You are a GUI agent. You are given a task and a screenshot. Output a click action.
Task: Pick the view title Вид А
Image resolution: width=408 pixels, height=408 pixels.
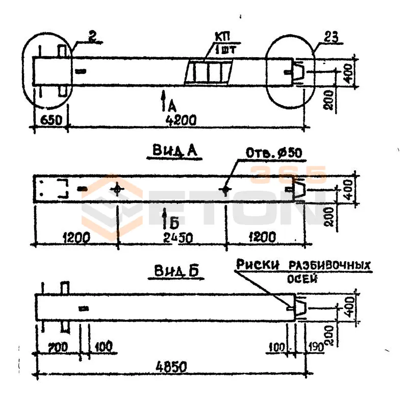pyautogui.click(x=174, y=150)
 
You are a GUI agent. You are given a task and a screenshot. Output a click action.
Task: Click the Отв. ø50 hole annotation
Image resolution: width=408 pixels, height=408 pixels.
pyautogui.click(x=274, y=153)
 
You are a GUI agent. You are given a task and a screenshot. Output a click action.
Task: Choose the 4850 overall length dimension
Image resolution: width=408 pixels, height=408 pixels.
pyautogui.click(x=171, y=367)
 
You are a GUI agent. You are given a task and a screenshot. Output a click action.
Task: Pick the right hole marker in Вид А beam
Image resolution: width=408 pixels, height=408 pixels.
pyautogui.click(x=224, y=190)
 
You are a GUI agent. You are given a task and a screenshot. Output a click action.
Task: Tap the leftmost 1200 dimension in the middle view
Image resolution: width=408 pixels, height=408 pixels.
pyautogui.click(x=76, y=237)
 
